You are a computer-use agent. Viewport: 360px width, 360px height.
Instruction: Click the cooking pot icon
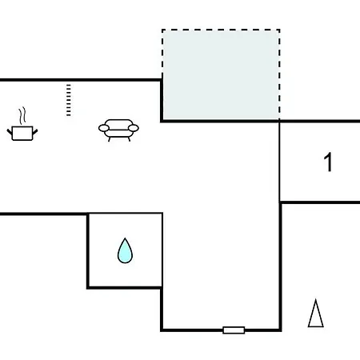[22, 133]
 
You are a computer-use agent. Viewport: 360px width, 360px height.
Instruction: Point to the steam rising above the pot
[22, 116]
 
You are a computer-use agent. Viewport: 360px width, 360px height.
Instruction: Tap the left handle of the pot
[10, 131]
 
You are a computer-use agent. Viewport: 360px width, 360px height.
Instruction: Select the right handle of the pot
[35, 131]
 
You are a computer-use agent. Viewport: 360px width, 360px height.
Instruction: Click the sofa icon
[118, 130]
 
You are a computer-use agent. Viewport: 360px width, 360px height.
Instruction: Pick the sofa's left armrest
[103, 128]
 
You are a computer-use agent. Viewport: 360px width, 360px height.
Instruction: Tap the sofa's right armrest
[134, 128]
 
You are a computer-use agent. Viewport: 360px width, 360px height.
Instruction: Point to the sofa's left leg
[109, 139]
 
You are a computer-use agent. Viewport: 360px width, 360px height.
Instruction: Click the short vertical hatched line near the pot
[69, 100]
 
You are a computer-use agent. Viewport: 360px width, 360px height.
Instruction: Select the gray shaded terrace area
[221, 74]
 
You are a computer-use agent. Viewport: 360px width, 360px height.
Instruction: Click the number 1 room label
[328, 162]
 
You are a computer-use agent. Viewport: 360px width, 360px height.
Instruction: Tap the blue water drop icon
[125, 250]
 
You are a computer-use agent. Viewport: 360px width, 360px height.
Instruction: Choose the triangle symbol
[316, 314]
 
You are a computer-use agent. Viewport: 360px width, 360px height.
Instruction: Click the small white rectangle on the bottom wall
[234, 330]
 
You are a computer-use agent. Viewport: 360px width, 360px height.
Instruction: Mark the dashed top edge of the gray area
[221, 30]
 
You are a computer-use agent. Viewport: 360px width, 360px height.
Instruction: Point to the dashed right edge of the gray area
[279, 74]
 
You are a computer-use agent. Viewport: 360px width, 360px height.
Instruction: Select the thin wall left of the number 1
[279, 162]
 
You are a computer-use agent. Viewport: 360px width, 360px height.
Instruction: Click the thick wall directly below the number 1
[320, 202]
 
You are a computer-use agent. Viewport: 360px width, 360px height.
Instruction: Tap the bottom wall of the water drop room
[125, 287]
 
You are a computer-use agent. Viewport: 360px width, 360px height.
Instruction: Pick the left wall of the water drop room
[88, 250]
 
